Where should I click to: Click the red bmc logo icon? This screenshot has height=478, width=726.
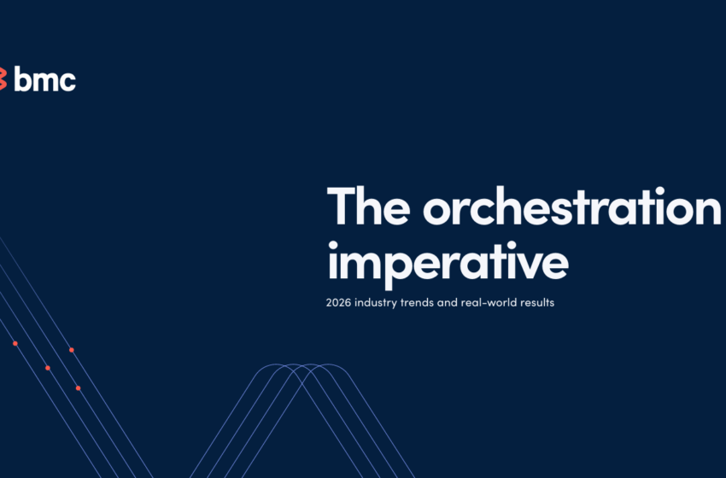(3, 79)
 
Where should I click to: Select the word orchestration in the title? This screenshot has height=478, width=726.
(571, 206)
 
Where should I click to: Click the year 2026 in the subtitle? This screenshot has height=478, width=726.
(341, 303)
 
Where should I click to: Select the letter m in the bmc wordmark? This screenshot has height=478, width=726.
(45, 81)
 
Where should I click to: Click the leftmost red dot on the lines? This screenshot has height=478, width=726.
(15, 343)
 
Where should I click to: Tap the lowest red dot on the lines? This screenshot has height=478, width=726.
(78, 388)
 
